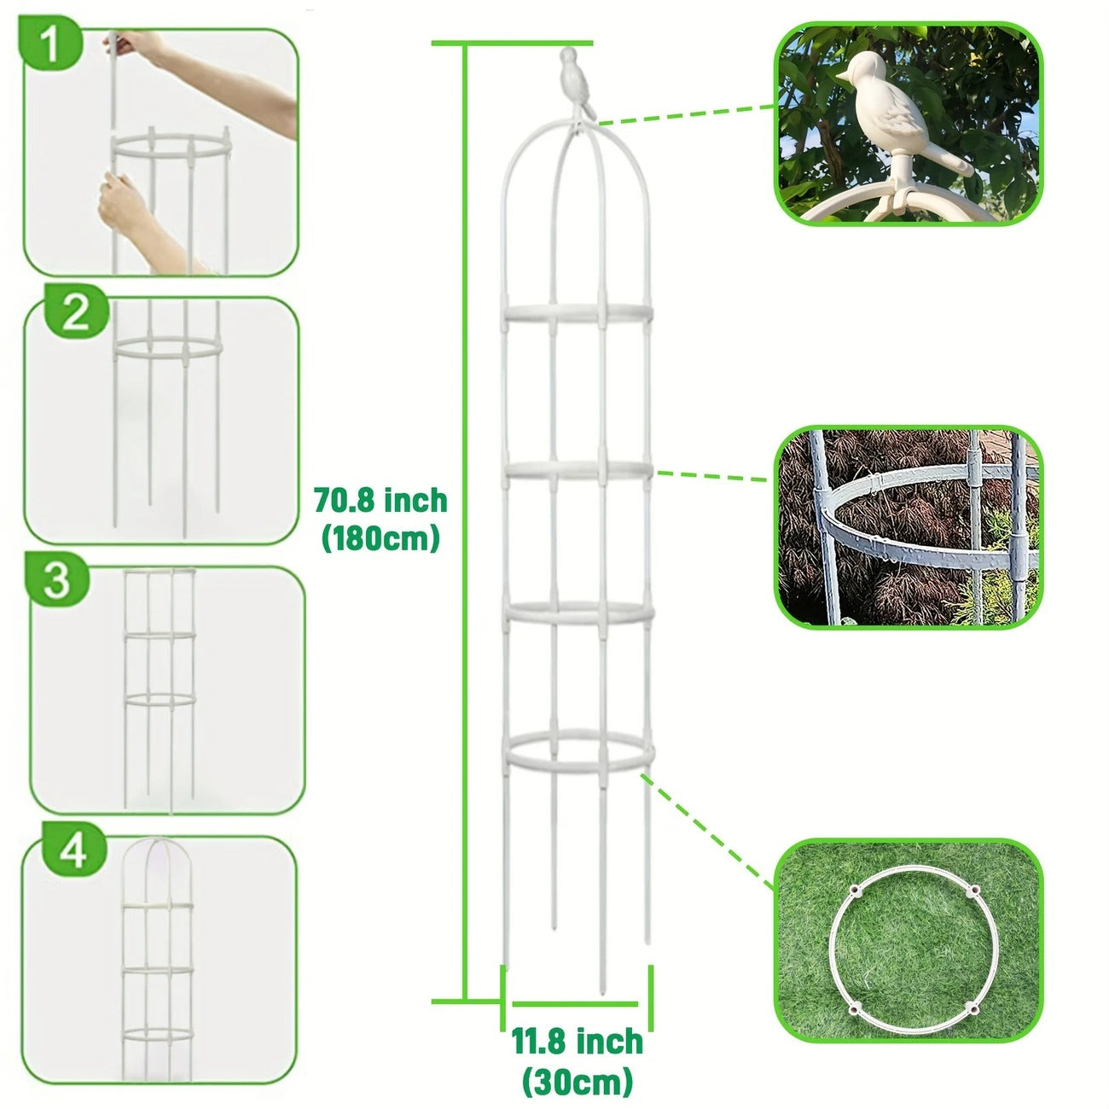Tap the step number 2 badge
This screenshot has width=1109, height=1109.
[x=75, y=313]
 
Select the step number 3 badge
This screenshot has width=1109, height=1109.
[x=56, y=580]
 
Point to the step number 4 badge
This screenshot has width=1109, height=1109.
[x=73, y=850]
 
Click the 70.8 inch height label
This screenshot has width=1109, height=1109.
[x=380, y=500]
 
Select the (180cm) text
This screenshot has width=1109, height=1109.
[x=380, y=538]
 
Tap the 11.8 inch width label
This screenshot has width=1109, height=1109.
[x=578, y=1042]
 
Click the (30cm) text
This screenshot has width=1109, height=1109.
[x=578, y=1081]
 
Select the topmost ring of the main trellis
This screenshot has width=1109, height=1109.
[x=578, y=313]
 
